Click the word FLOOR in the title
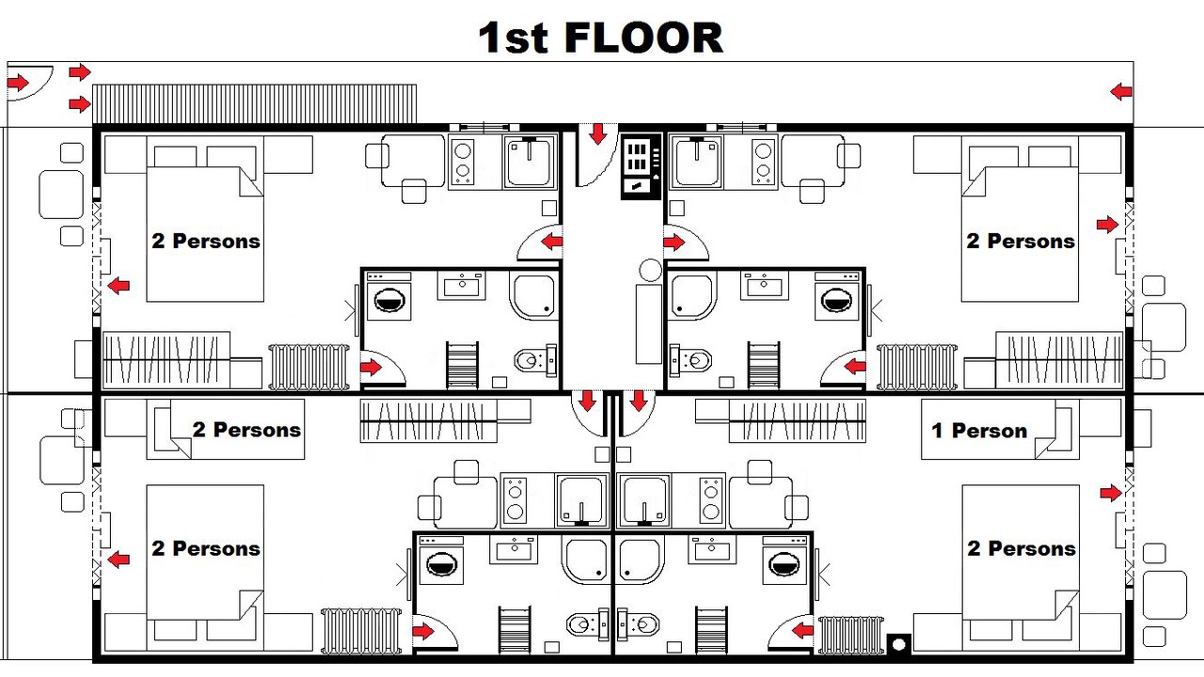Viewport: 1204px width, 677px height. click(643, 38)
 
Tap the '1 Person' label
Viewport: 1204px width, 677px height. click(979, 431)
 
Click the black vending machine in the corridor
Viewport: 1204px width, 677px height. click(641, 166)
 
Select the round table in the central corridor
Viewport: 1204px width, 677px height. click(650, 270)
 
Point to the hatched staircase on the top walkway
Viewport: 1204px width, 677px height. click(254, 103)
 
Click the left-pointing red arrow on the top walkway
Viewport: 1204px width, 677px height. click(1121, 92)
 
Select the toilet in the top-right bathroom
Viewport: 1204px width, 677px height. click(690, 360)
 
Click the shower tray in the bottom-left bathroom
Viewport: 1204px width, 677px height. click(586, 559)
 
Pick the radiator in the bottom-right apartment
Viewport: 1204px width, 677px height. click(850, 636)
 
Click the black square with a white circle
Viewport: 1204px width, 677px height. click(898, 644)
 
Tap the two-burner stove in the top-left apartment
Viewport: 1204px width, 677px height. click(463, 161)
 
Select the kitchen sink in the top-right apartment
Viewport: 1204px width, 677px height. click(696, 161)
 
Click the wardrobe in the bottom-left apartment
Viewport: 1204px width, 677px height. click(428, 420)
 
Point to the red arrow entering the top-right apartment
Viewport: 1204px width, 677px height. click(674, 243)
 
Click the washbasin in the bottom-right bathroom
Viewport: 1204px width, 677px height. click(712, 548)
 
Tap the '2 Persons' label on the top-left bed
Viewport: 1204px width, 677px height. click(206, 242)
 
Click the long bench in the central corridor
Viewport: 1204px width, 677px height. click(649, 324)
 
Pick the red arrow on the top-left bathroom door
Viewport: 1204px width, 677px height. click(371, 368)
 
